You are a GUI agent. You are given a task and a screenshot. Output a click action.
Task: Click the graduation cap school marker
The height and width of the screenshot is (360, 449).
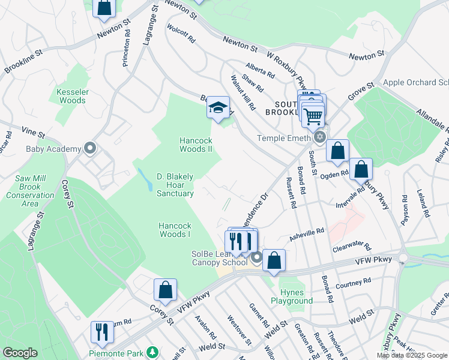(218, 108)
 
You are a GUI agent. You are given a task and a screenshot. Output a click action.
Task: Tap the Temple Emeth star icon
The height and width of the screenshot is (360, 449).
(320, 138)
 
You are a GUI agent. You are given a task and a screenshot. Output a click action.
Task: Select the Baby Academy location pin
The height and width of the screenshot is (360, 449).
(90, 148)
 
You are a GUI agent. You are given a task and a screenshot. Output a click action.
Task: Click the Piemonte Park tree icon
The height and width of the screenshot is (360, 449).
(154, 351)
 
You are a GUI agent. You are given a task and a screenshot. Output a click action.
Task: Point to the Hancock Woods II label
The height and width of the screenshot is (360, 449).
(196, 145)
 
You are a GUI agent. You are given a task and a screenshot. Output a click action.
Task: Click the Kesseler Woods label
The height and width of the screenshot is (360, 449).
(73, 96)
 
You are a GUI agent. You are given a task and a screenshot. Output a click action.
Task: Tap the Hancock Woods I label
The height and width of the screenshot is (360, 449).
(175, 230)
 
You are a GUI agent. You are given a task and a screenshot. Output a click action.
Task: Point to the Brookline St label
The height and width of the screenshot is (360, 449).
(23, 62)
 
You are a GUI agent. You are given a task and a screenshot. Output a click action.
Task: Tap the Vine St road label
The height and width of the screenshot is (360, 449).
(33, 131)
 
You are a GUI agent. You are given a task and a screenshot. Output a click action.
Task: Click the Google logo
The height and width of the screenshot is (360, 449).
(20, 352)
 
